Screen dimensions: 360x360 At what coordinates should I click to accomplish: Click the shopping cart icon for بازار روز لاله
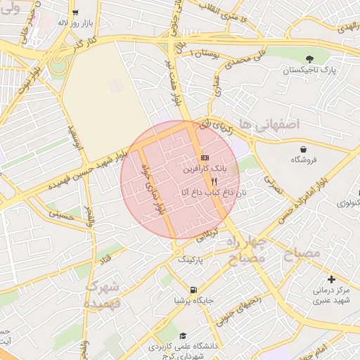pyautogui.click(x=75, y=12)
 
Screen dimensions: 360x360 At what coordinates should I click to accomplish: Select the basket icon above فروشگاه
pyautogui.click(x=303, y=149)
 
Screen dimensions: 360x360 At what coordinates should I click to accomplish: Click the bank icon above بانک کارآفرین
pyautogui.click(x=205, y=157)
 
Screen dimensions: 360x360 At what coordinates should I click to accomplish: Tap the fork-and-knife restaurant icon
pyautogui.click(x=205, y=181)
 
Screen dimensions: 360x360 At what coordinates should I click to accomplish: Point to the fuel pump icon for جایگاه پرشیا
pyautogui.click(x=193, y=289)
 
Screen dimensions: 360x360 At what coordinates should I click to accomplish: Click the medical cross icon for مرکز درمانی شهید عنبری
pyautogui.click(x=331, y=279)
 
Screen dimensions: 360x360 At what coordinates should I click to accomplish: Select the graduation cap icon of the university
pyautogui.click(x=184, y=336)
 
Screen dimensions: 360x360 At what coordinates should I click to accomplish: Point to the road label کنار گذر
pyautogui.click(x=82, y=44)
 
